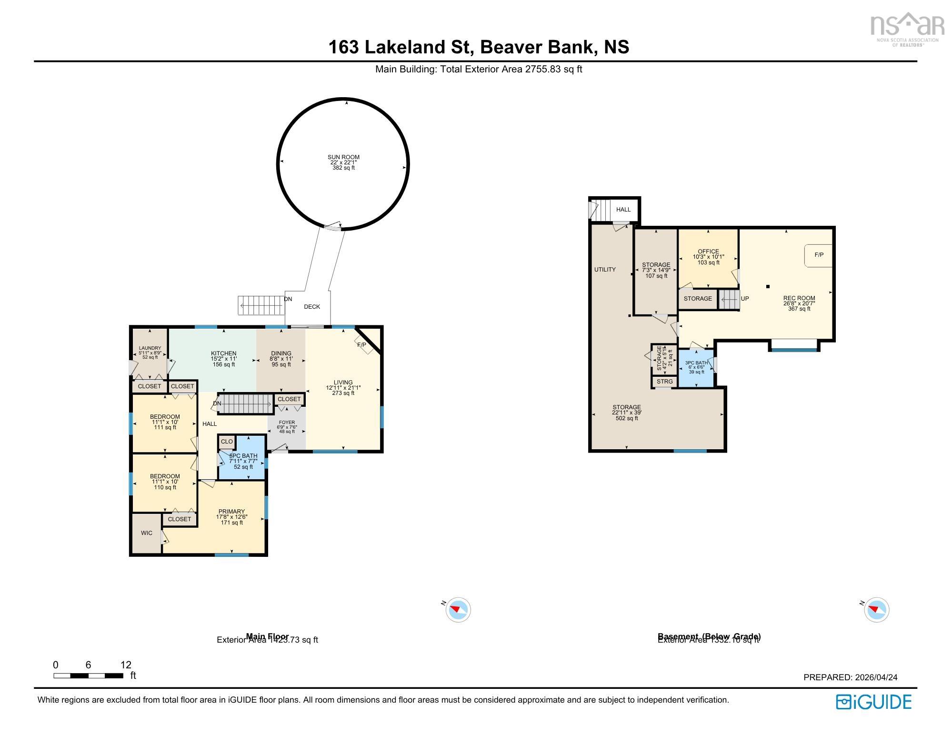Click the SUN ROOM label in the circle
tap(343, 157)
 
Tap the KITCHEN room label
tap(223, 353)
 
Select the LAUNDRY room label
tap(150, 348)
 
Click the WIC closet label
tap(147, 533)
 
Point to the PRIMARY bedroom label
tap(231, 512)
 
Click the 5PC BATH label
tap(243, 456)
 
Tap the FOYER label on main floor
tap(287, 423)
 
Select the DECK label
tap(312, 307)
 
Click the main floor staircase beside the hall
tap(246, 404)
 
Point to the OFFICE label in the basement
tap(708, 252)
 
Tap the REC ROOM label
tap(799, 298)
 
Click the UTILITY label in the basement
tap(605, 270)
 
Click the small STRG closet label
tap(665, 382)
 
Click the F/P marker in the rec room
tap(819, 255)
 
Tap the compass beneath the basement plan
tap(876, 610)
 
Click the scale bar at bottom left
tap(89, 676)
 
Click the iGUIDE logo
tap(873, 702)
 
